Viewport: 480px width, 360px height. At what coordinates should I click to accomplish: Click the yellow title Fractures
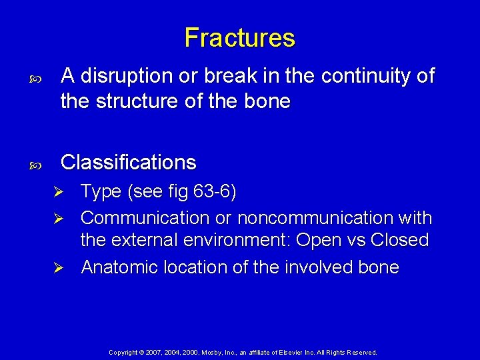point(239,37)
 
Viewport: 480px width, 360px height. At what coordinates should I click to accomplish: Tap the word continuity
point(367,77)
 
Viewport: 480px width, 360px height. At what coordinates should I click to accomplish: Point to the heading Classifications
point(128,162)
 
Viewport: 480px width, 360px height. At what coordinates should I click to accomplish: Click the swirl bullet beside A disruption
point(36,78)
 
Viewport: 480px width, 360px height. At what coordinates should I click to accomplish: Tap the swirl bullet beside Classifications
point(36,163)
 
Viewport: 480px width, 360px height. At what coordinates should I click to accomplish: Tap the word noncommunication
point(314,218)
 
